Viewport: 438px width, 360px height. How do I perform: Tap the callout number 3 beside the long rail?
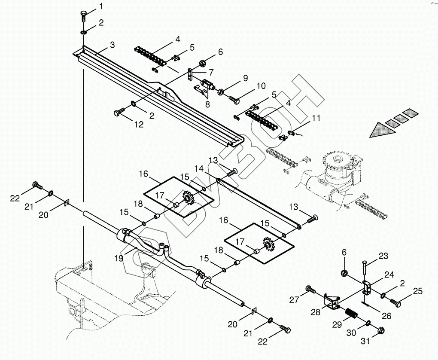pos(113,45)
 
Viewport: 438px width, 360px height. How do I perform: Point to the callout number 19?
pos(119,258)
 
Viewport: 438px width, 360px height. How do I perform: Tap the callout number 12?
pos(139,125)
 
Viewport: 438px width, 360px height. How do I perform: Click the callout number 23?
pos(383,256)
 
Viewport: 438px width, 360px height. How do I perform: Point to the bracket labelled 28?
pos(331,303)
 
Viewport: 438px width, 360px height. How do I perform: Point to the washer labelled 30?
pos(369,323)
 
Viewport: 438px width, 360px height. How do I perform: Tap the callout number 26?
pos(386,316)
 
